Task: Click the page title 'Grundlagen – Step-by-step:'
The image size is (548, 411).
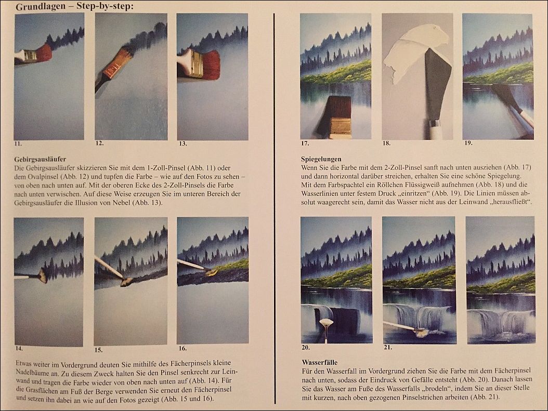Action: click(x=74, y=7)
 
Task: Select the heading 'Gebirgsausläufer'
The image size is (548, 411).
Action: click(x=40, y=159)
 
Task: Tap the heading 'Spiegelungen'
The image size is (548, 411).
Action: click(x=321, y=159)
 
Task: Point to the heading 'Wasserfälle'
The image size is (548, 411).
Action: click(x=319, y=363)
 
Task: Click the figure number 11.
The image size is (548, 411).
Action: click(x=18, y=143)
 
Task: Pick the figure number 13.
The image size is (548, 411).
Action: click(x=183, y=143)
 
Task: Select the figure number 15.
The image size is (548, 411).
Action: click(x=99, y=350)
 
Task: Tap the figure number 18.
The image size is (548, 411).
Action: click(x=386, y=143)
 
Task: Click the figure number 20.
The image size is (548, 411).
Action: click(x=305, y=348)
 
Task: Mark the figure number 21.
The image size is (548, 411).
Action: click(x=387, y=348)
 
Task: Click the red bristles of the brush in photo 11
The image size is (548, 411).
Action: click(x=43, y=51)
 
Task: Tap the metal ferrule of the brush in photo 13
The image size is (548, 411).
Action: click(x=194, y=63)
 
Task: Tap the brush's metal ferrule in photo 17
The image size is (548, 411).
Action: click(x=340, y=125)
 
